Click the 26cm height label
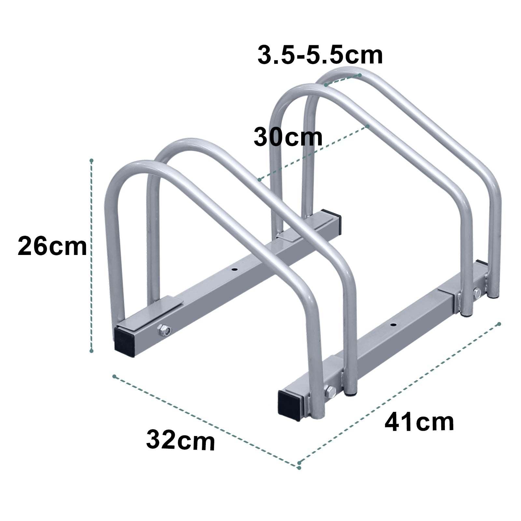[52, 246]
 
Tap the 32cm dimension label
[180, 440]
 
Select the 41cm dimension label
[419, 422]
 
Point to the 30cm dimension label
[288, 137]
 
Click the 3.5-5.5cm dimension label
[320, 55]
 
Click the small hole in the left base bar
[235, 270]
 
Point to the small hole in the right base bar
[394, 325]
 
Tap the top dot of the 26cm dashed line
[92, 161]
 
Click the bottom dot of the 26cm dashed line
[92, 351]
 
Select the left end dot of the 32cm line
[114, 376]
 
